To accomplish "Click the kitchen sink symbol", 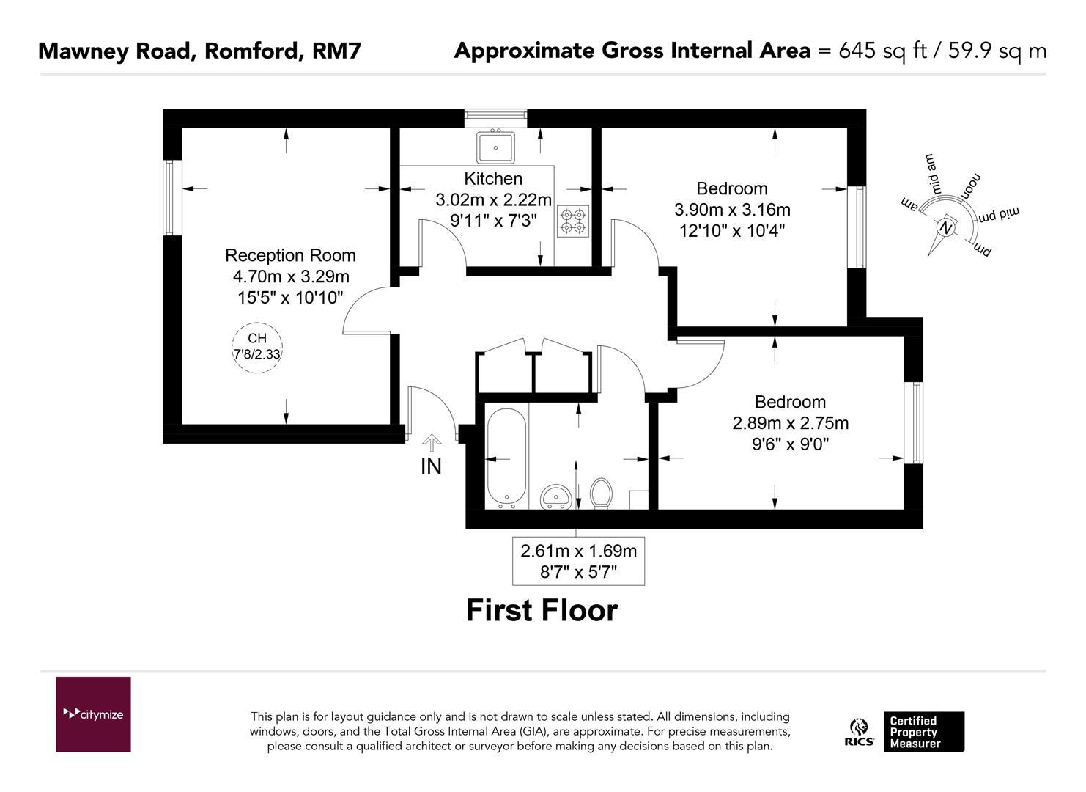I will [x=496, y=147].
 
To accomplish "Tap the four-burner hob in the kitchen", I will [x=573, y=221].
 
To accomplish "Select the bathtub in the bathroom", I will [x=506, y=458].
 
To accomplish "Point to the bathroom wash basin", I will [x=557, y=497].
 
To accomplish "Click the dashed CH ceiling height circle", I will [x=257, y=348].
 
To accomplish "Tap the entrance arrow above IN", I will [x=432, y=442].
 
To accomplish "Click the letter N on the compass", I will [x=947, y=228].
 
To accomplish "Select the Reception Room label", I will [x=290, y=255].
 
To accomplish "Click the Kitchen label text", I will [x=493, y=178].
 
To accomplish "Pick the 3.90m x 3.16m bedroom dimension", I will [x=732, y=210].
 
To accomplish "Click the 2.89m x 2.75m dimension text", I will [x=791, y=423].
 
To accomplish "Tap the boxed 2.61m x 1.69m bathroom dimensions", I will [x=578, y=561].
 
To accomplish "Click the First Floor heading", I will [x=542, y=610].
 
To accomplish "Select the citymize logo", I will [x=93, y=714].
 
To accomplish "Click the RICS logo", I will [x=859, y=733].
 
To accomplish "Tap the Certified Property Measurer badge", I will [x=923, y=732].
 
